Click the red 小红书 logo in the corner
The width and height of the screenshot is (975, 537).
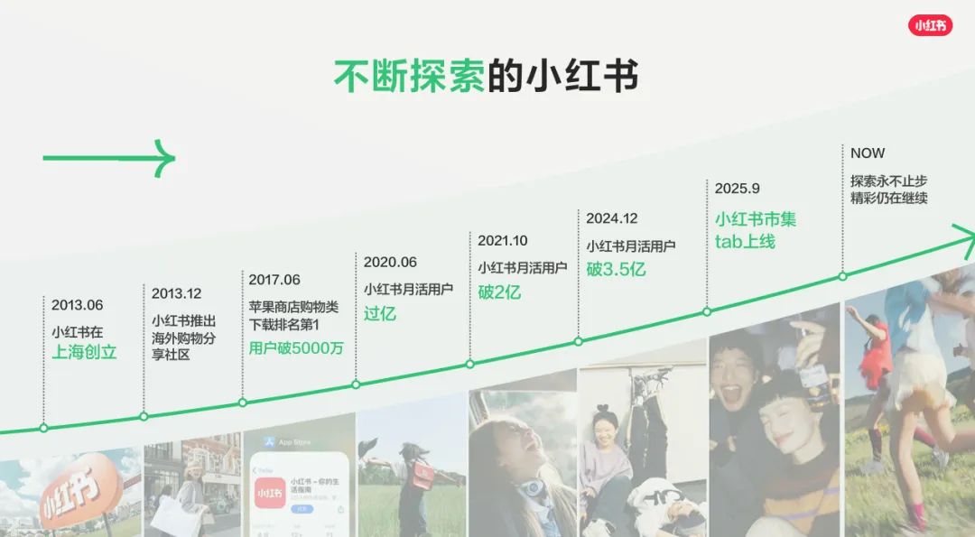(x=930, y=25)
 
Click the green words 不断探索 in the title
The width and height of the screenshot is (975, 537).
(x=409, y=77)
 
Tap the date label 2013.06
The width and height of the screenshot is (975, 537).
(x=78, y=305)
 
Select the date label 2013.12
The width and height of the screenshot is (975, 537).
(x=177, y=293)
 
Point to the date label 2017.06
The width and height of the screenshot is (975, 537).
(x=274, y=280)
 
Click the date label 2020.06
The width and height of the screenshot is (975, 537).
(x=390, y=262)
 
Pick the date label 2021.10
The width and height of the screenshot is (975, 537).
(x=503, y=241)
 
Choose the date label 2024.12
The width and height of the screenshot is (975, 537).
(x=612, y=218)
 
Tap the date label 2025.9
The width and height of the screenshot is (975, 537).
(x=738, y=189)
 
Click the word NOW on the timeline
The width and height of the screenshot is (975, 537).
(x=868, y=153)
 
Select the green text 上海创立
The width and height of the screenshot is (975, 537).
(x=84, y=352)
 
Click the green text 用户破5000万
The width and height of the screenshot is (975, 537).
(x=297, y=348)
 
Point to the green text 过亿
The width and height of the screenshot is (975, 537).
(x=380, y=314)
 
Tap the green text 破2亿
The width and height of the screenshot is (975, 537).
(x=499, y=292)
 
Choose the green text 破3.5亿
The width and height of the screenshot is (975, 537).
(x=617, y=269)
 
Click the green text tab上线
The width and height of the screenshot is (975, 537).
(x=745, y=242)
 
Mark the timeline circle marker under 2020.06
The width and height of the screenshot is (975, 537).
(x=356, y=384)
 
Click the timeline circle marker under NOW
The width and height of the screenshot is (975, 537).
(x=842, y=276)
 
